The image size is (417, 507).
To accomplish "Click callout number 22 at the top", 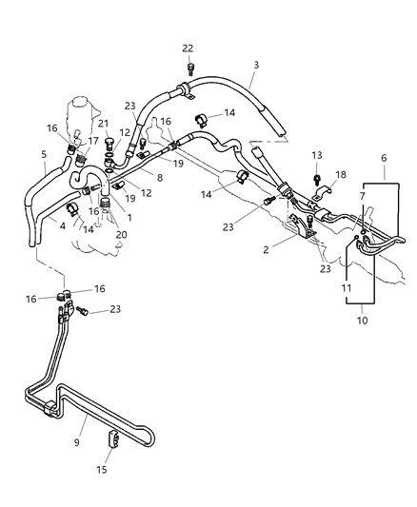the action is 188,49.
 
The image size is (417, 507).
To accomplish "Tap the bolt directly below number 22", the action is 190,69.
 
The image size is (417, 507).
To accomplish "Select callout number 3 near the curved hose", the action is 256,65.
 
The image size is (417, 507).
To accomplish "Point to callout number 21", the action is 104,124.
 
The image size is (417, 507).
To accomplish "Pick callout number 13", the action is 317,155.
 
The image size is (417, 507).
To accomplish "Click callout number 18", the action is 341,175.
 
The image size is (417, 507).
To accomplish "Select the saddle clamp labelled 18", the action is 323,193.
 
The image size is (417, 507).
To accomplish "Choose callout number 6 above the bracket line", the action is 384,158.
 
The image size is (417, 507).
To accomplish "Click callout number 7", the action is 362,196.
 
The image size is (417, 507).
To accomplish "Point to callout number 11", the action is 347,288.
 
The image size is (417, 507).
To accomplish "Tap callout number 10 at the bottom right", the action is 362,321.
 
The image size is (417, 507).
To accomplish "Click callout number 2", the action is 266,249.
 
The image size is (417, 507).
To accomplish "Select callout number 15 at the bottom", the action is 102,470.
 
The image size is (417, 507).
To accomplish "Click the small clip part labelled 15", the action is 113,439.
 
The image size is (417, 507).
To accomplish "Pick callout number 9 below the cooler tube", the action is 77,442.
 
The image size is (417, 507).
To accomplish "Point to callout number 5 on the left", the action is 45,154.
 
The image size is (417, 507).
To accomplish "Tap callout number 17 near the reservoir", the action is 93,142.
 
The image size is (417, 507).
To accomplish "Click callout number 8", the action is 160,178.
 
